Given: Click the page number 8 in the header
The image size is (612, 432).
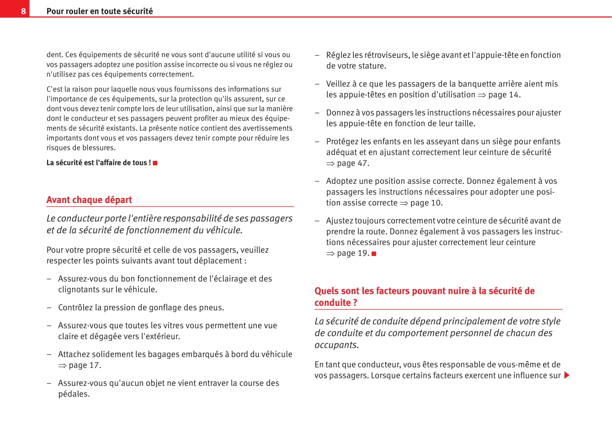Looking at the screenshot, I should [23, 11].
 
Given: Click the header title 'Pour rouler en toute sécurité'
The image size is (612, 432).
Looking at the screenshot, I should [100, 11].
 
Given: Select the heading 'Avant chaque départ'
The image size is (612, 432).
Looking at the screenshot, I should [89, 200].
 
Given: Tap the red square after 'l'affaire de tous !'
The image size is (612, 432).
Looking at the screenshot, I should [155, 163].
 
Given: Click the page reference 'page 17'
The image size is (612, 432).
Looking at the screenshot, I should [85, 365].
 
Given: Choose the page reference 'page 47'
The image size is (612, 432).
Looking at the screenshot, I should [352, 163].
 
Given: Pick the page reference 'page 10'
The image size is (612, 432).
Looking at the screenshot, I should [426, 203].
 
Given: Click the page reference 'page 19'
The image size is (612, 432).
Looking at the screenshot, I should [352, 253].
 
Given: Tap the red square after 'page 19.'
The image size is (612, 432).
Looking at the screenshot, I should [374, 254].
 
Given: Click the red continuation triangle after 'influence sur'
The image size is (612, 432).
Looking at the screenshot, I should [567, 375].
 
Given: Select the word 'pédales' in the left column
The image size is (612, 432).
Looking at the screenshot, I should [73, 394].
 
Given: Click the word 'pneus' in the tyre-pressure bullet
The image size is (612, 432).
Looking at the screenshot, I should [212, 308].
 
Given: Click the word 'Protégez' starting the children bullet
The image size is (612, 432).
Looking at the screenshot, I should [342, 142].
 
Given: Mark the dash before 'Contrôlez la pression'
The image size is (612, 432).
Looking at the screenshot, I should [49, 308].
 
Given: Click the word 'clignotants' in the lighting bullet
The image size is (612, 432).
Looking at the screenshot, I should [80, 290].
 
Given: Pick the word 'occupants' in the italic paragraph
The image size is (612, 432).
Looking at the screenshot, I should [335, 345].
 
